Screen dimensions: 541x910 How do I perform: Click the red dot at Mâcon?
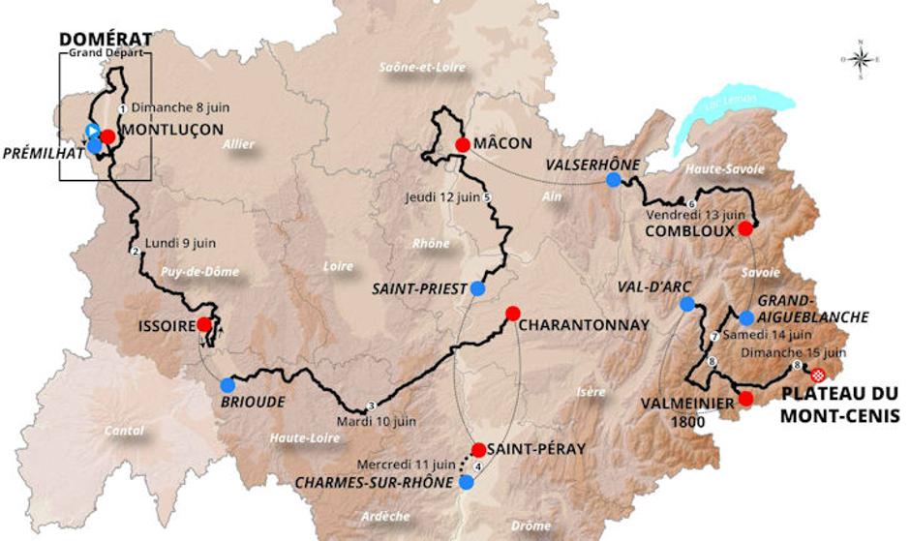[463, 145]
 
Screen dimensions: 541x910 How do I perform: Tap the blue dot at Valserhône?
[613, 180]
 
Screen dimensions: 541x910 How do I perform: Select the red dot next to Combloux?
[744, 229]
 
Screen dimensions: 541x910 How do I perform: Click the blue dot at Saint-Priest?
[477, 288]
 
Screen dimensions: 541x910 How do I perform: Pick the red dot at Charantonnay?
[513, 314]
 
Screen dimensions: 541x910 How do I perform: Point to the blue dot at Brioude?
[227, 385]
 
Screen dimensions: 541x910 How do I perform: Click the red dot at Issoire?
[204, 325]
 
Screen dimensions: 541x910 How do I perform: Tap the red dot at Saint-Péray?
[478, 450]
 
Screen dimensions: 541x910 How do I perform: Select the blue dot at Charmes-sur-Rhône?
[467, 482]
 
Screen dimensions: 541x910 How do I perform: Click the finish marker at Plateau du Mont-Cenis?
[818, 375]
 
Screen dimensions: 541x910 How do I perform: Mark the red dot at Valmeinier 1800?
[744, 399]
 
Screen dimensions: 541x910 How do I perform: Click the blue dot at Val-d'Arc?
[687, 305]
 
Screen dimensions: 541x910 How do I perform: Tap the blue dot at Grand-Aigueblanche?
[746, 317]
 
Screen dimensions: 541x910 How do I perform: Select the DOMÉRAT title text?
[106, 39]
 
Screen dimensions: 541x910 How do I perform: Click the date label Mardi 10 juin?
[377, 421]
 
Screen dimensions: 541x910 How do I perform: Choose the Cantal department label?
[124, 430]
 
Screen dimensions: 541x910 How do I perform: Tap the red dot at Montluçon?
[107, 137]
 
